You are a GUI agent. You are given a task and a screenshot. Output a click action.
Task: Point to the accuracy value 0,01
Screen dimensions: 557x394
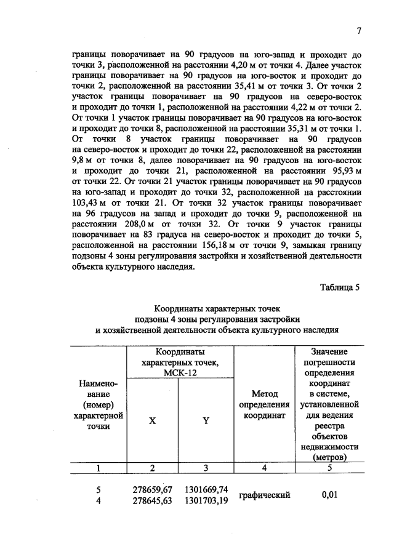click(329, 495)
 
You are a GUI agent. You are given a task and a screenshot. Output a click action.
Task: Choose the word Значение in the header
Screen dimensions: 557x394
click(329, 351)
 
